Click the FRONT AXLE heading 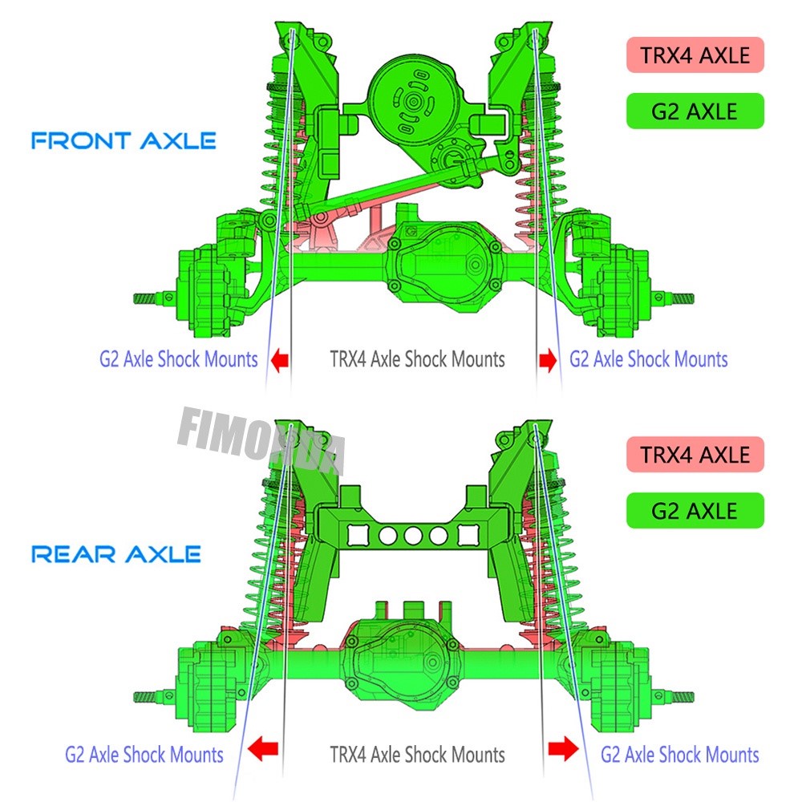[124, 141]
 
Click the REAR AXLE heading [115, 553]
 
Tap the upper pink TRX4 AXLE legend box [695, 55]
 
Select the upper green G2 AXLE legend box [695, 111]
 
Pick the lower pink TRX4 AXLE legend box [695, 455]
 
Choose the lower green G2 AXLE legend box [695, 510]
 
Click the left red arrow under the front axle [277, 360]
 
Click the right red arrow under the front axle [549, 360]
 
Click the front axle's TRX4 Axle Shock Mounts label [417, 358]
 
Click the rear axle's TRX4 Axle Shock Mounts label [417, 754]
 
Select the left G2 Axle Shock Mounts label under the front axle [178, 358]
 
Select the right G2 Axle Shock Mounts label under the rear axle [679, 754]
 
